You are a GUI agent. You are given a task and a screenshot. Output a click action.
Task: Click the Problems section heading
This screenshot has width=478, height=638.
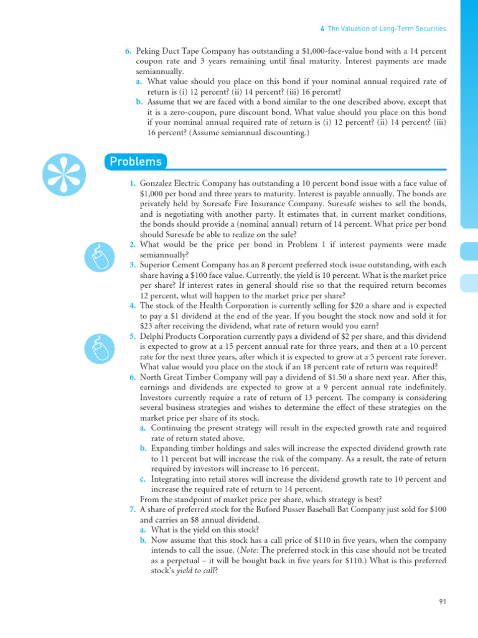coord(136,162)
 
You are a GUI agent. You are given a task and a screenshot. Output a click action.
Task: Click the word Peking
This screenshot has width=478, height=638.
coord(149,50)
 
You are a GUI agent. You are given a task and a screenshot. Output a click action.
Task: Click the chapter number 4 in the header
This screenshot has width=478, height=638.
coord(322,29)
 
